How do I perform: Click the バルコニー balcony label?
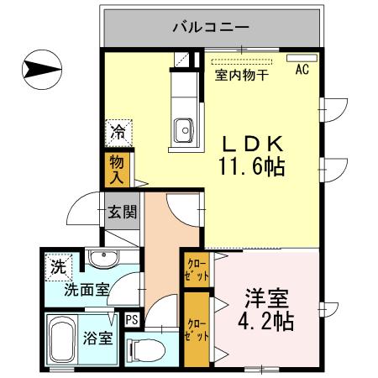pos(211,27)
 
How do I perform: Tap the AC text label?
pos(301,71)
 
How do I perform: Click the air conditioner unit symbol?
pos(298,59)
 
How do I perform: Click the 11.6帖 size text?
pos(251,166)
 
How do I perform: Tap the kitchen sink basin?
pos(183,129)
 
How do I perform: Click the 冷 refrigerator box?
pos(118,132)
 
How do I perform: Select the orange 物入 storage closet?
pos(116,170)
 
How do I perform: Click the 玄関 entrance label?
pos(121,212)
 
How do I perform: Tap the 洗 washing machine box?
pos(57,269)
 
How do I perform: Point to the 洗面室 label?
pos(87,290)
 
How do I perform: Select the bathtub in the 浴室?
pos(60,341)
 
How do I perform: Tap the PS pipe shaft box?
pos(132,320)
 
